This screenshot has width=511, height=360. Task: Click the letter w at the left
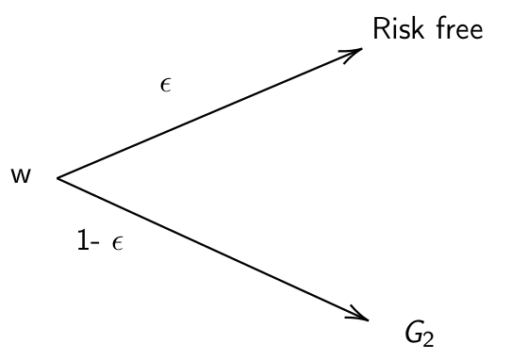tap(20, 176)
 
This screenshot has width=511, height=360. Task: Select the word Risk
tap(397, 30)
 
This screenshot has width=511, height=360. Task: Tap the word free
tap(458, 30)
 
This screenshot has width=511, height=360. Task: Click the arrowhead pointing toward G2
tap(360, 314)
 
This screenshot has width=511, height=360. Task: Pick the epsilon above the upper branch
tap(166, 86)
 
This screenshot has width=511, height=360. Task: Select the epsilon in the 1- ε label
tap(117, 244)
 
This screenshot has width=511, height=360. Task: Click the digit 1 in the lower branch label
tap(83, 240)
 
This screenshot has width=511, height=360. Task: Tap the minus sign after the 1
tap(96, 244)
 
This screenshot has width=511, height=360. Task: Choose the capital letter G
tap(413, 333)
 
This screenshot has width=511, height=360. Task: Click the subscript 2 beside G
tap(430, 339)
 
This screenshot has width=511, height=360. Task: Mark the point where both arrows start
tap(58, 177)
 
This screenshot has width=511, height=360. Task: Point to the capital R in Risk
tap(381, 30)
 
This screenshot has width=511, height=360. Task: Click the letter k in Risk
tap(415, 30)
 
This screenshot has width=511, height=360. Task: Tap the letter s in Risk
tap(404, 32)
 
